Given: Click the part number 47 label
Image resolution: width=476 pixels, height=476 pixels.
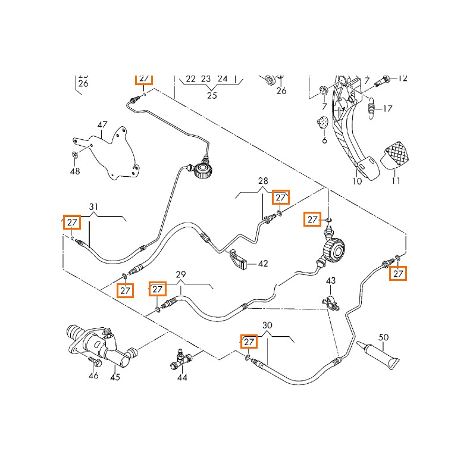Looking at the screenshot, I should [x=102, y=124].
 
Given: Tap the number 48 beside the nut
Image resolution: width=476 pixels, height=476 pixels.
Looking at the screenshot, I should [x=74, y=171].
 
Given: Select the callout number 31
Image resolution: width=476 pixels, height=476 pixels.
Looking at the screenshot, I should [x=93, y=207].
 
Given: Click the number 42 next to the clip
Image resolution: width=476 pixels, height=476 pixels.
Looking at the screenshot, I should [x=262, y=263].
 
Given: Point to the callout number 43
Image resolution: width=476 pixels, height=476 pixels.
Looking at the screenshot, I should [x=331, y=280].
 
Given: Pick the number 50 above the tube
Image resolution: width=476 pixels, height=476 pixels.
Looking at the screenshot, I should [x=384, y=337].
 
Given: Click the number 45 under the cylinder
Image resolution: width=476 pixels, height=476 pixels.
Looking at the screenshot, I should [x=115, y=377].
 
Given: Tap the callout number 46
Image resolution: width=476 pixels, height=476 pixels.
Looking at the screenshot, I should [x=93, y=375].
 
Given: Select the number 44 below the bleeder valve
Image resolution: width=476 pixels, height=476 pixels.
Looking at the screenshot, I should [x=181, y=377].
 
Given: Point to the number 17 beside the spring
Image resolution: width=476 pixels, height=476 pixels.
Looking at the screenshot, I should [x=387, y=108].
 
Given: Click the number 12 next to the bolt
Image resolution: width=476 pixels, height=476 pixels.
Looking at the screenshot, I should [x=403, y=78].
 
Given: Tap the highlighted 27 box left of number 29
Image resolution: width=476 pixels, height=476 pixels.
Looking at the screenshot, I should [x=157, y=289].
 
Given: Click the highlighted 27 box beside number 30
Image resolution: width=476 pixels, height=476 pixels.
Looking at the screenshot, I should [x=249, y=342].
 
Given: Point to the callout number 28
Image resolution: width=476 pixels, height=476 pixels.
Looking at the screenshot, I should [x=264, y=181].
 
